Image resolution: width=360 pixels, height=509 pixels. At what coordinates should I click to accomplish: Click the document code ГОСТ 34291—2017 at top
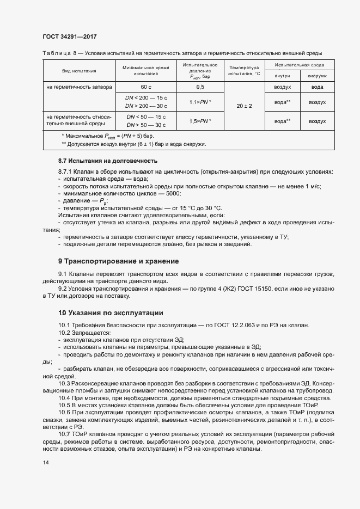point(70,37)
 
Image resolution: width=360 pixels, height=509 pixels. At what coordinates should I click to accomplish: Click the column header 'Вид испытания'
point(79,71)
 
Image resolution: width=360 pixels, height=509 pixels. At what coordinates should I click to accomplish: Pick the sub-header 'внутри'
point(282,76)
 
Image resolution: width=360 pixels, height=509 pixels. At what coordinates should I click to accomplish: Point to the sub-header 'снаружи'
point(317,76)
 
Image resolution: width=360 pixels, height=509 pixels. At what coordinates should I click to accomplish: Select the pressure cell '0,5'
point(200,87)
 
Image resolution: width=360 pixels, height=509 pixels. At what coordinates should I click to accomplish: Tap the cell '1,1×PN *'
point(200,102)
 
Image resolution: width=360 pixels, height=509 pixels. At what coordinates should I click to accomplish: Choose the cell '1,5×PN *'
point(200,121)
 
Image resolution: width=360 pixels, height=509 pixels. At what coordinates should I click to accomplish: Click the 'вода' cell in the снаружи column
point(317,87)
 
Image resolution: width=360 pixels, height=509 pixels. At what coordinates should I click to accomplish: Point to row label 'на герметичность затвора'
point(79,87)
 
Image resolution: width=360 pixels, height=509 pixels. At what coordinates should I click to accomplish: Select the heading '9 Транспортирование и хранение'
point(118,261)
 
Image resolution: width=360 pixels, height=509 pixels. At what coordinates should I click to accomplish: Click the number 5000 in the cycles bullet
point(171,194)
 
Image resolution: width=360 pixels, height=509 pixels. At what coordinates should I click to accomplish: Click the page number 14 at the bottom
point(45,463)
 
